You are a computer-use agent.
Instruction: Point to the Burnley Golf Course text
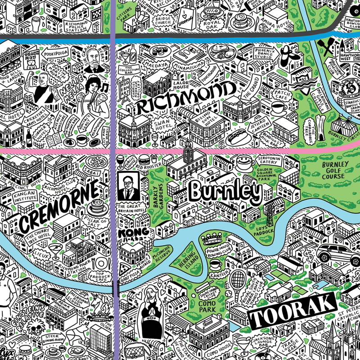tap(333, 170)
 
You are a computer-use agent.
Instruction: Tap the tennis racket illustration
tap(236, 282)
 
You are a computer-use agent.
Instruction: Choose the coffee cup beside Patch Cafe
tap(279, 108)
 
